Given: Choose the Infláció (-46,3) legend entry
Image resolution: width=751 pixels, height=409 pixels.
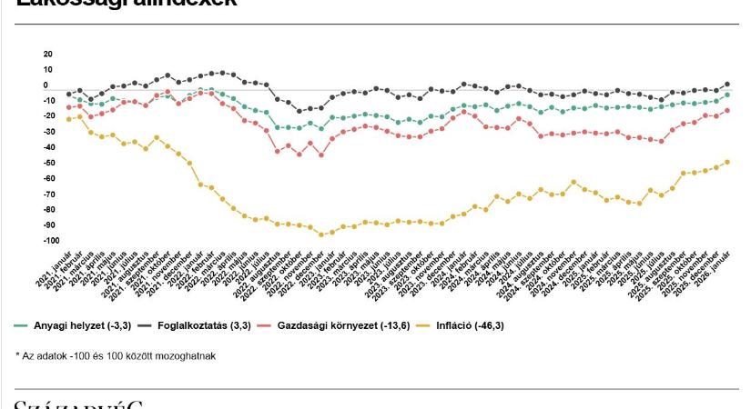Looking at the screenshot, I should point(472,324).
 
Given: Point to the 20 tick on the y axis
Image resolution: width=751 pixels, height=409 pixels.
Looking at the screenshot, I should point(47,55).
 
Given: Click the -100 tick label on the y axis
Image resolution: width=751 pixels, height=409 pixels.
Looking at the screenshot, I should point(51,241).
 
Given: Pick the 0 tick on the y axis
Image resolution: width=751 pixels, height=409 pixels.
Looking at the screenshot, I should point(45,85).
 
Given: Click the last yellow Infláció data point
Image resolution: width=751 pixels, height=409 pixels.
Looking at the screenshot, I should point(726,163).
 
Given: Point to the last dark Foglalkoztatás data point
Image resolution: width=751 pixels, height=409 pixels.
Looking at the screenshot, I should point(726,85).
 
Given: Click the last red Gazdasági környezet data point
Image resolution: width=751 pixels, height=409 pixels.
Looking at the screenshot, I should point(726,111).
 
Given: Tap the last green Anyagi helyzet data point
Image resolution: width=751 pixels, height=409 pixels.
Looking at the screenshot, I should point(726,95).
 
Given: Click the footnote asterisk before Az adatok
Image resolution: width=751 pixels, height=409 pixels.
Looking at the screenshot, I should point(17,355).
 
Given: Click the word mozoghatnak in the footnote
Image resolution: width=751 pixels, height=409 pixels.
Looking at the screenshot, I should point(187,355).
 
